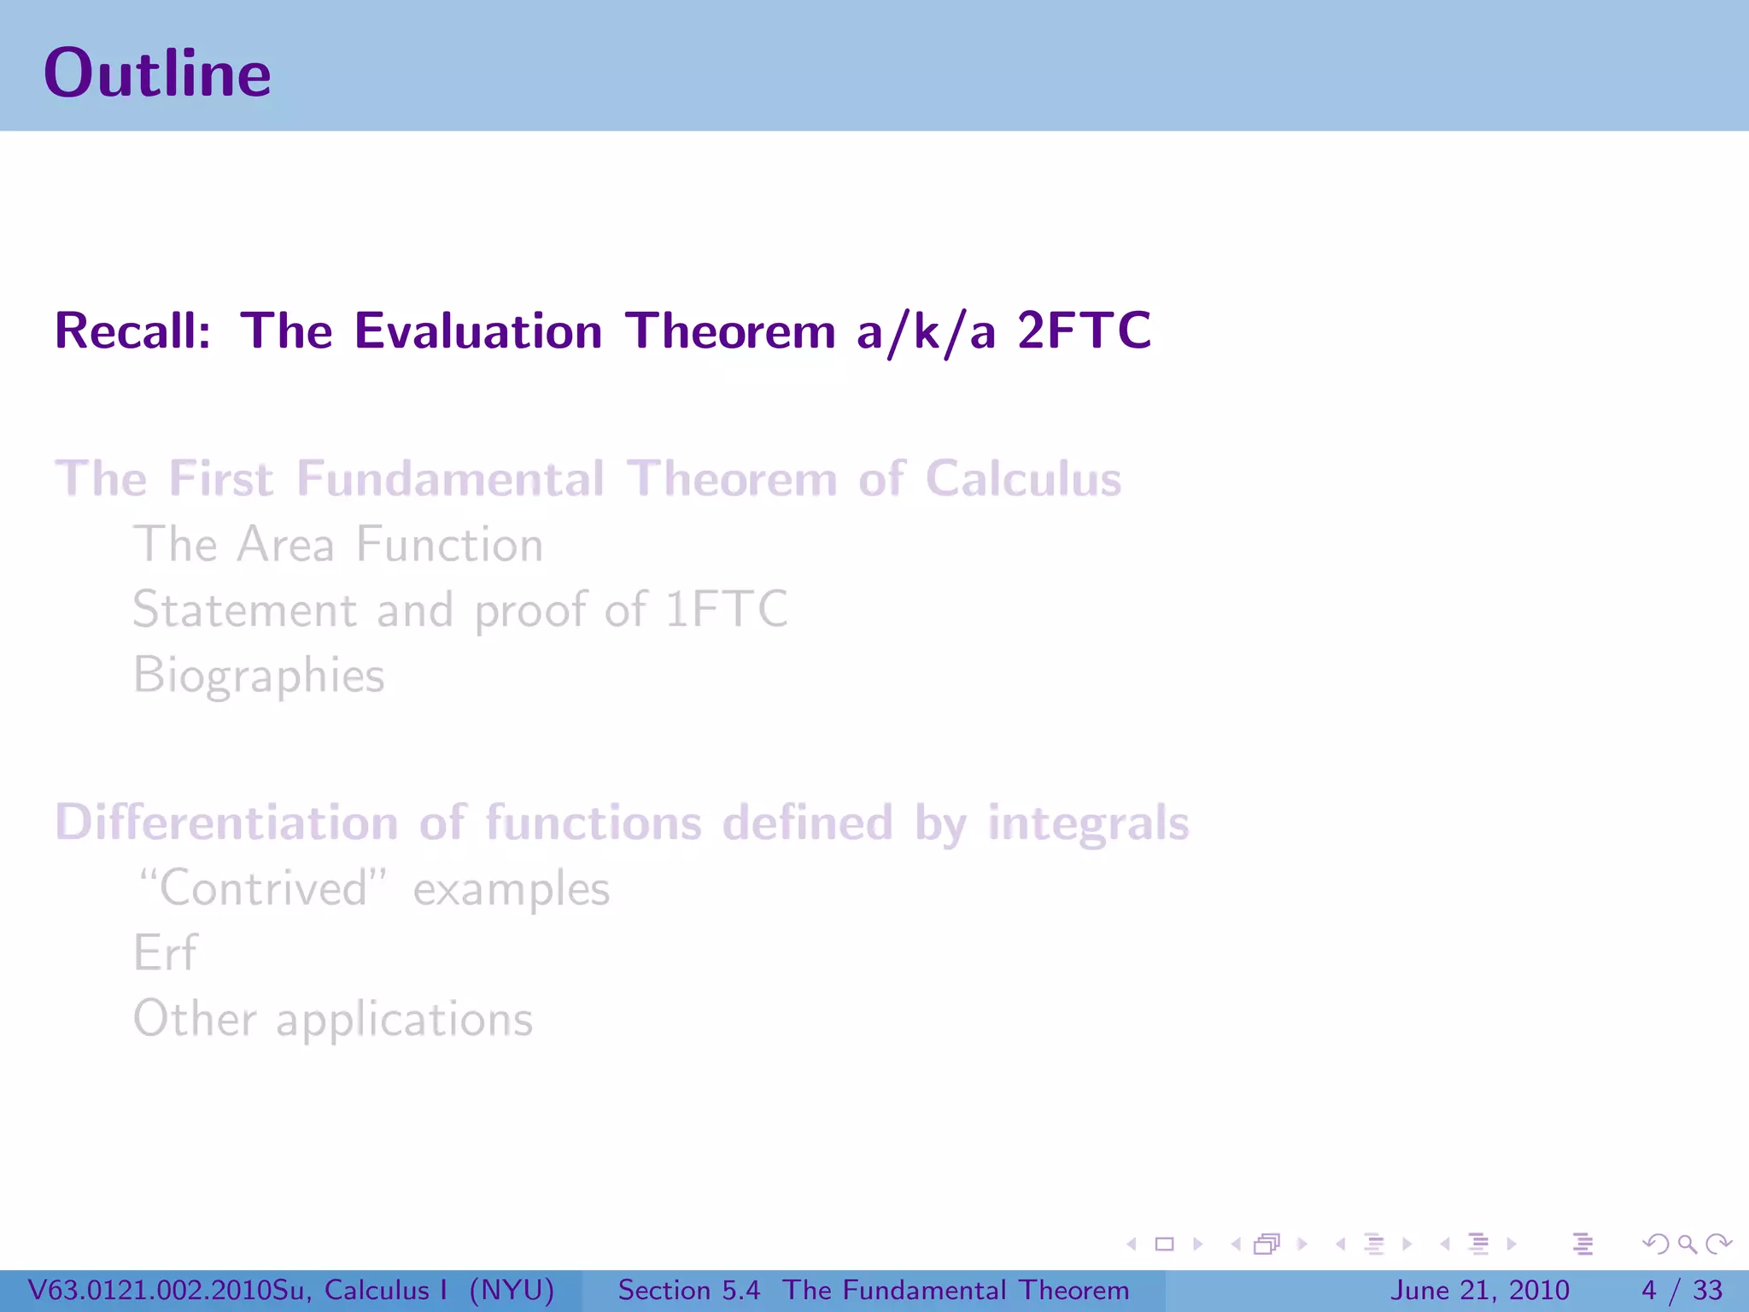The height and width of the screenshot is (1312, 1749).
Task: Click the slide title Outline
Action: click(157, 73)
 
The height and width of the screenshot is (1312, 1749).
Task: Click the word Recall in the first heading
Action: click(132, 331)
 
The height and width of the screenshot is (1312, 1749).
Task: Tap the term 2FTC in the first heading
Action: click(1084, 331)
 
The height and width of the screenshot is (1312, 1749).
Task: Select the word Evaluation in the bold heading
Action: click(478, 331)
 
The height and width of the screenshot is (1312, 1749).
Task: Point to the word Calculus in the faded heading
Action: click(1022, 479)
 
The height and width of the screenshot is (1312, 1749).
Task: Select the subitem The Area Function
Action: click(338, 545)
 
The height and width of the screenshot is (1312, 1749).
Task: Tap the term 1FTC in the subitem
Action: click(726, 610)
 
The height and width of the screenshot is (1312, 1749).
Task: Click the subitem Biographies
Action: click(259, 676)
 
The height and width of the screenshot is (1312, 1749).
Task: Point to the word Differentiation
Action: click(226, 823)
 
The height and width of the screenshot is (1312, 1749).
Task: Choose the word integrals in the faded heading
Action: click(1088, 823)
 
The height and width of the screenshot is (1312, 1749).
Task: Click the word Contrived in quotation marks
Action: click(264, 888)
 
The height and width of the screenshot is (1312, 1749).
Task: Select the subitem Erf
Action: click(165, 953)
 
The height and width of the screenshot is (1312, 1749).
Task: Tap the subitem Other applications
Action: click(333, 1019)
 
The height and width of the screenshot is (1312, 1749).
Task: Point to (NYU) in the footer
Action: click(512, 1290)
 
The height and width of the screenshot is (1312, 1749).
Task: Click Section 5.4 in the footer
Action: click(688, 1290)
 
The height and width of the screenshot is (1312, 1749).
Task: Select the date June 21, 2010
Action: click(1480, 1290)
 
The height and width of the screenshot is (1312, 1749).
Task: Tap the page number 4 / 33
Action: click(1682, 1290)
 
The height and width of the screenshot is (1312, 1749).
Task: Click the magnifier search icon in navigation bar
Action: click(1687, 1245)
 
